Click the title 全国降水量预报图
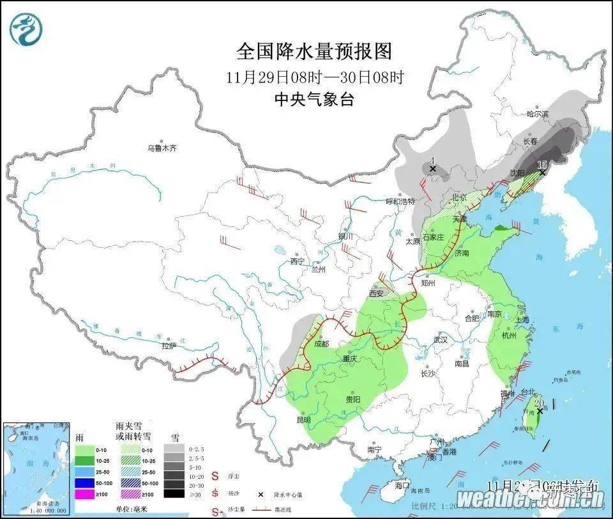314,50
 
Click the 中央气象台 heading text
314,99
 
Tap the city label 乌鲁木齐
162,148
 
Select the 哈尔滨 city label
538,114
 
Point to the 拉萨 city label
169,346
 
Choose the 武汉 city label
441,340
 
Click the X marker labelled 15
542,173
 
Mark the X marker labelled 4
432,169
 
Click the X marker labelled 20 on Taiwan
540,411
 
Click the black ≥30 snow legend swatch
173,493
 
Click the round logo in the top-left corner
24,28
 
